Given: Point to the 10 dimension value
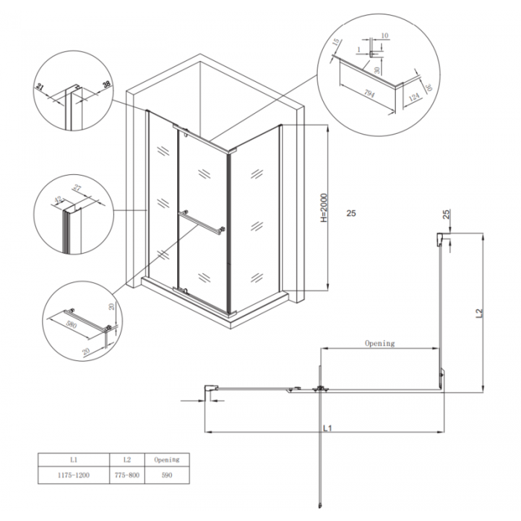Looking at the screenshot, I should pos(385,35).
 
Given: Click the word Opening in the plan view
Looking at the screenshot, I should pos(379,343).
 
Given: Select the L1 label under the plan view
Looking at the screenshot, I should pos(327,428).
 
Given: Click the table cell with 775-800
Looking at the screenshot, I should pos(124,474).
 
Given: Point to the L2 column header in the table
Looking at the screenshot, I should pos(124,460).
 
